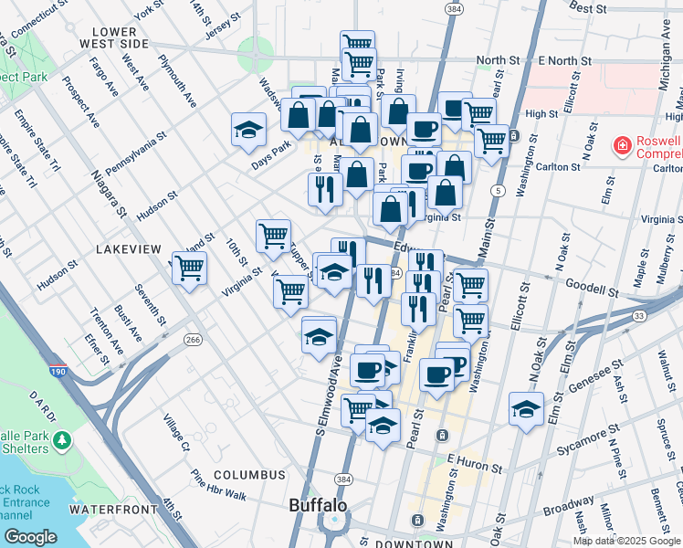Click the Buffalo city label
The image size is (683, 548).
pyautogui.click(x=317, y=505)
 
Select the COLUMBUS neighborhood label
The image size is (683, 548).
pyautogui.click(x=249, y=475)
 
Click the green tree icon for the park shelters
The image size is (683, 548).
pyautogui.click(x=62, y=441)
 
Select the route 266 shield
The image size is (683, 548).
pyautogui.click(x=193, y=339)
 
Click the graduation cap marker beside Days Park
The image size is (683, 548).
pyautogui.click(x=247, y=131)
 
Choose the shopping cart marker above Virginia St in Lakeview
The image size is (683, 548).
pyautogui.click(x=190, y=269)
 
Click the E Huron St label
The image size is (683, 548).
pyautogui.click(x=476, y=466)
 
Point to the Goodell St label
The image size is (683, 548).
pyautogui.click(x=592, y=288)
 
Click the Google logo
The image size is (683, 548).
pyautogui.click(x=31, y=537)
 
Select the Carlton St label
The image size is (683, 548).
pyautogui.click(x=562, y=167)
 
